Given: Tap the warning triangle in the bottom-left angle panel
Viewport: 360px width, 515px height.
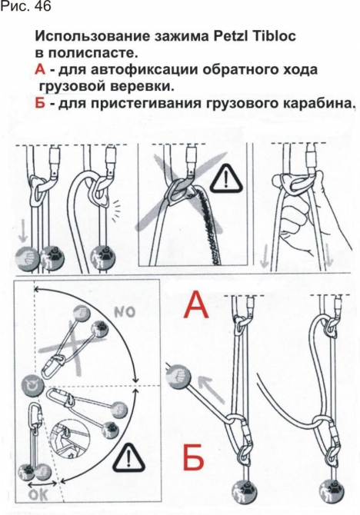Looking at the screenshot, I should click(x=124, y=459).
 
